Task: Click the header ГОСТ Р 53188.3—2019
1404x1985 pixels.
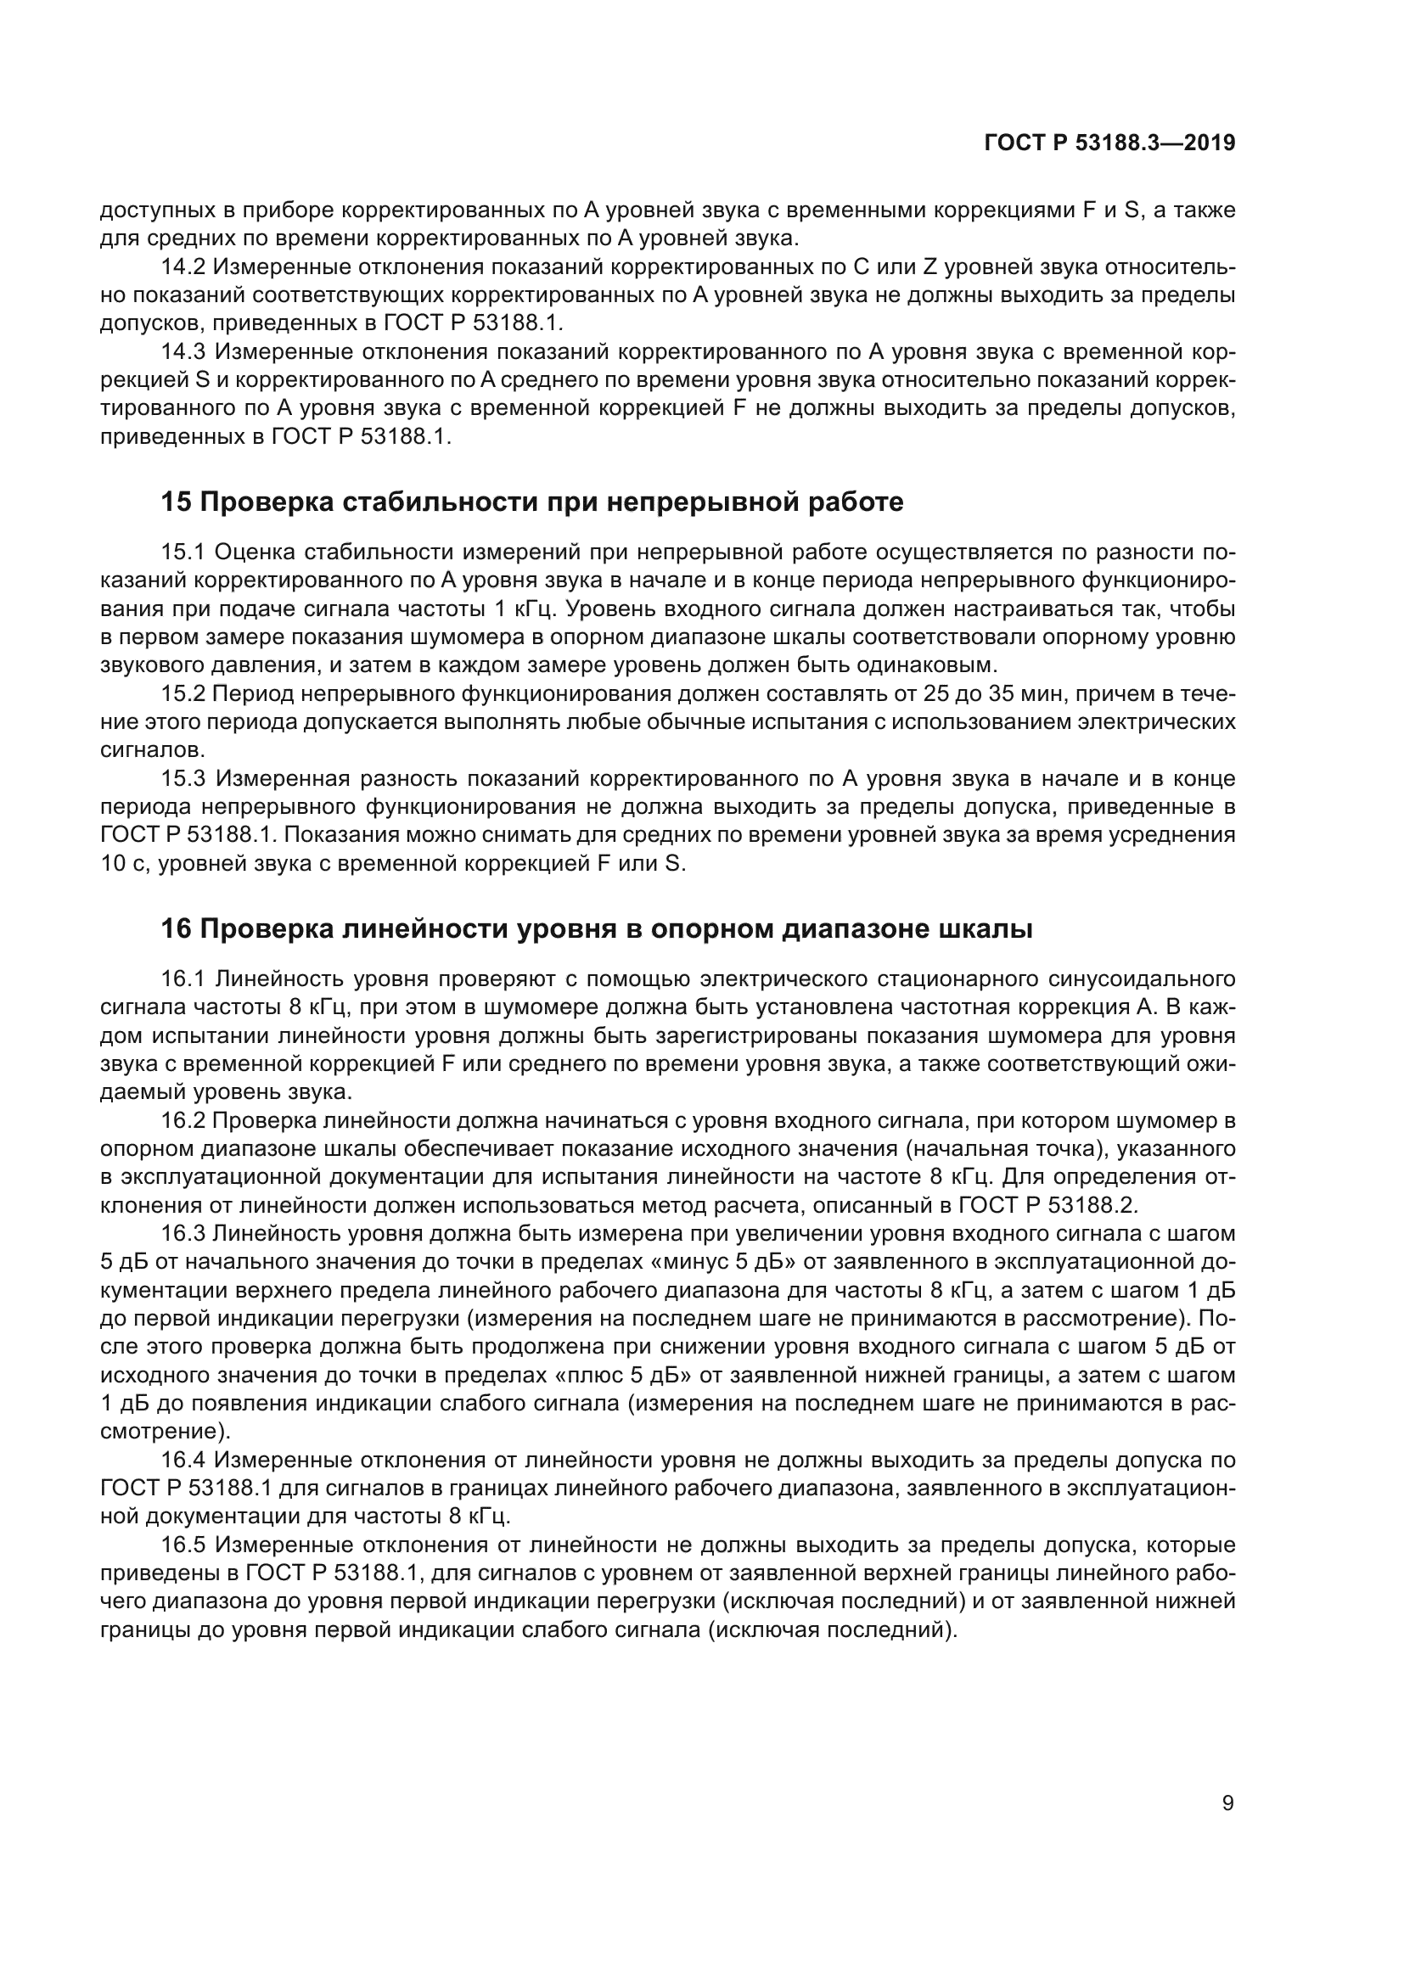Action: (x=1110, y=143)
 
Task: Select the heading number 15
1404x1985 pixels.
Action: (x=176, y=502)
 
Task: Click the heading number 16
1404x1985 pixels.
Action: (x=176, y=929)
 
